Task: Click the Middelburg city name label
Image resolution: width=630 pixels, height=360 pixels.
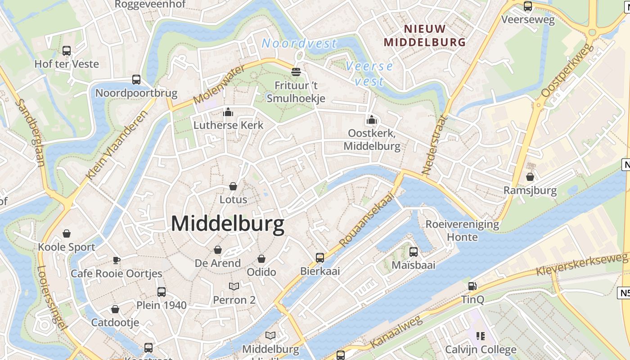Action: point(228,224)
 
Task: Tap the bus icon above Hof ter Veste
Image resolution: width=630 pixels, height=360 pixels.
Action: point(67,51)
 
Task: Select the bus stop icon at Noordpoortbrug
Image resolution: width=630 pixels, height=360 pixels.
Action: point(136,80)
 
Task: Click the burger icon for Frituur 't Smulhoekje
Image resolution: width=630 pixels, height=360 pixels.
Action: point(296,72)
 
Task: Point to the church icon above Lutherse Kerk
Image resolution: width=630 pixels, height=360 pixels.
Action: point(228,112)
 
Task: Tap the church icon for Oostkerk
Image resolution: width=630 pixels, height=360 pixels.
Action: point(371,120)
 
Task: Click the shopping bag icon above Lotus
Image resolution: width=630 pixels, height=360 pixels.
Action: point(233,186)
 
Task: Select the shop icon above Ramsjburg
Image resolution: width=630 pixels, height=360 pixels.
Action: point(530,177)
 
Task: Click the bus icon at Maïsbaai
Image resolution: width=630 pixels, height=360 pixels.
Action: point(414,252)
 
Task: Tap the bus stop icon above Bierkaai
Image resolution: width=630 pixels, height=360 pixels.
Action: point(320,258)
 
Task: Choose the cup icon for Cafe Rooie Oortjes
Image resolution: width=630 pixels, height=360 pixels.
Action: point(116,260)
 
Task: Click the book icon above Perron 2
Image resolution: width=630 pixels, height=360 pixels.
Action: point(234,287)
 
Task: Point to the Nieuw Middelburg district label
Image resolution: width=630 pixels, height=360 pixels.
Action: point(425,36)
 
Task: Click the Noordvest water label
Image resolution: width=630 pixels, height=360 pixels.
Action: point(299,43)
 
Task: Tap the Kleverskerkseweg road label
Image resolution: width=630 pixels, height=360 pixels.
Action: point(582,264)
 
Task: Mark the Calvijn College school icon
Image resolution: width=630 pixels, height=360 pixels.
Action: point(481,336)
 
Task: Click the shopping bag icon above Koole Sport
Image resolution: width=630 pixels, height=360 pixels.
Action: point(67,234)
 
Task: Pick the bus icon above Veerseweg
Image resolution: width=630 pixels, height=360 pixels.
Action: point(528,6)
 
